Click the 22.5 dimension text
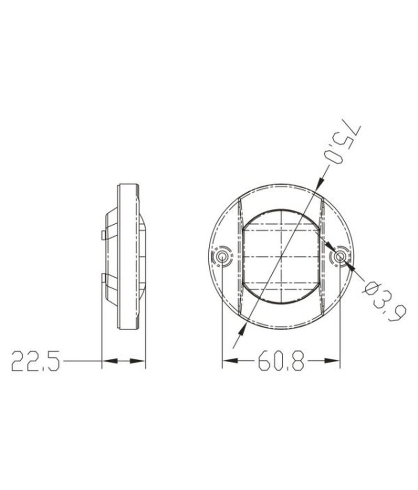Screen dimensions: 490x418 pos(35,361)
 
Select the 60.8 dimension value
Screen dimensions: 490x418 pos(281,361)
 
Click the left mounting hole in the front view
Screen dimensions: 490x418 pos(222,257)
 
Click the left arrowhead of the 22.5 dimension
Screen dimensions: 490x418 pos(109,361)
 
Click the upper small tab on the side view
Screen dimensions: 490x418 pos(103,235)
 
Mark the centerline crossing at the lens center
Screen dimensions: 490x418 pos(281,257)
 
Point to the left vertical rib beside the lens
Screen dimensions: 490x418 pos(240,257)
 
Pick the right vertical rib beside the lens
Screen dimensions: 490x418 pos(322,257)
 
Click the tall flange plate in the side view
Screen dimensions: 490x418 pos(128,257)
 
